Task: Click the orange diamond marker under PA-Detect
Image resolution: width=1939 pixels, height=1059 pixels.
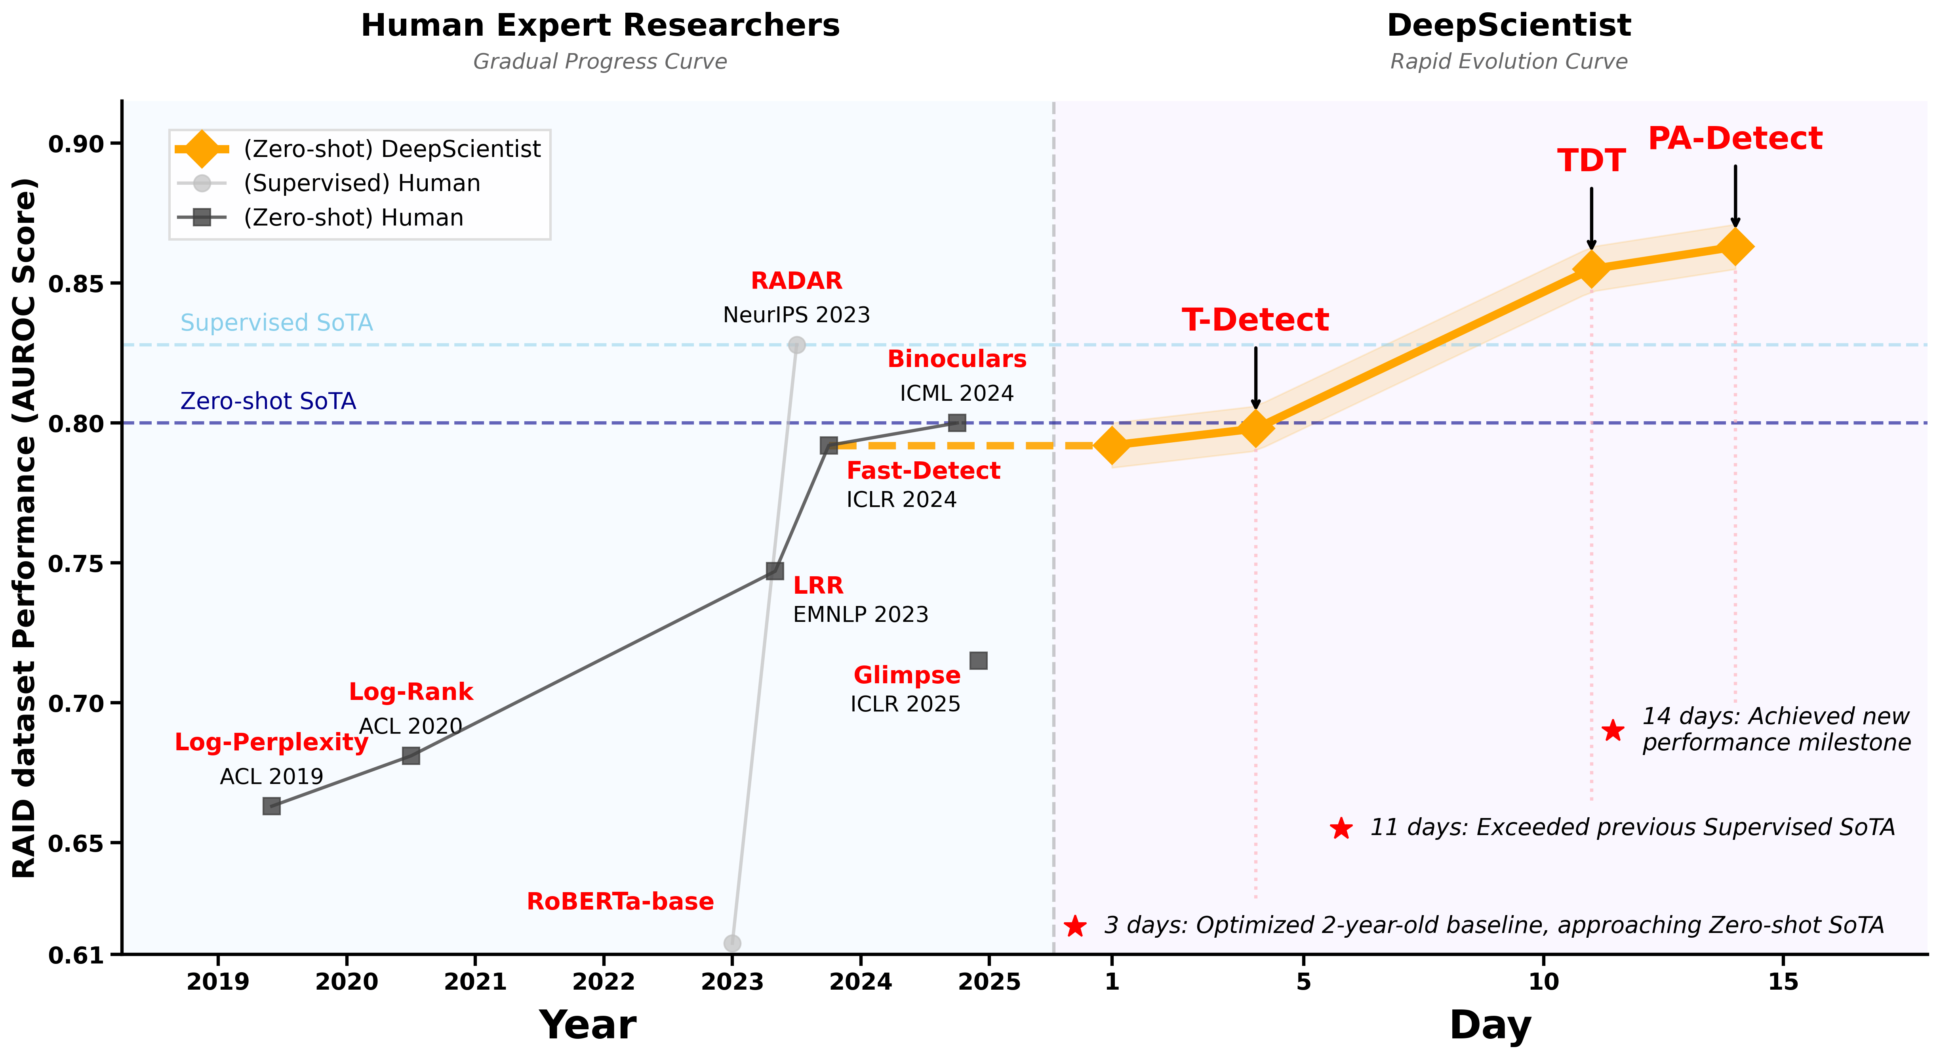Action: (x=1735, y=246)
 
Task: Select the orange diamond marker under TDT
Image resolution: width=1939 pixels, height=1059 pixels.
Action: (x=1591, y=268)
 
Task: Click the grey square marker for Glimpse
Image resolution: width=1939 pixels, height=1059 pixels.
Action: (x=978, y=661)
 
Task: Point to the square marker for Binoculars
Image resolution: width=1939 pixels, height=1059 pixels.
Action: (x=957, y=422)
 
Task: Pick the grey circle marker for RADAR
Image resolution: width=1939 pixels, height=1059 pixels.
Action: (x=796, y=345)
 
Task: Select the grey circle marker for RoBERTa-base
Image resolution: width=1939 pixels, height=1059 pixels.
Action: (x=731, y=943)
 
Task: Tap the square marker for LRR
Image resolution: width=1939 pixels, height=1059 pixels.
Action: (x=775, y=571)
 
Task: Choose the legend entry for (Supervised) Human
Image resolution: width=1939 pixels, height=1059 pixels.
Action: (x=361, y=183)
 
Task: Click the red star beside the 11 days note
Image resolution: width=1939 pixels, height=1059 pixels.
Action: (x=1341, y=828)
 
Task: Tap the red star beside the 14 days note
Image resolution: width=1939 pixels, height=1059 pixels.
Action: (x=1612, y=730)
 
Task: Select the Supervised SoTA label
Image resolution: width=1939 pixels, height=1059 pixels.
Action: (x=276, y=322)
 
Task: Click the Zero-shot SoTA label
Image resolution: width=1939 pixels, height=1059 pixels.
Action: (x=268, y=401)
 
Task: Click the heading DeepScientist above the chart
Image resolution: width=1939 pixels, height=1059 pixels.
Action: (x=1509, y=26)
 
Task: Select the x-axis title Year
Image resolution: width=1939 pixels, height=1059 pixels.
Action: (x=587, y=1025)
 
